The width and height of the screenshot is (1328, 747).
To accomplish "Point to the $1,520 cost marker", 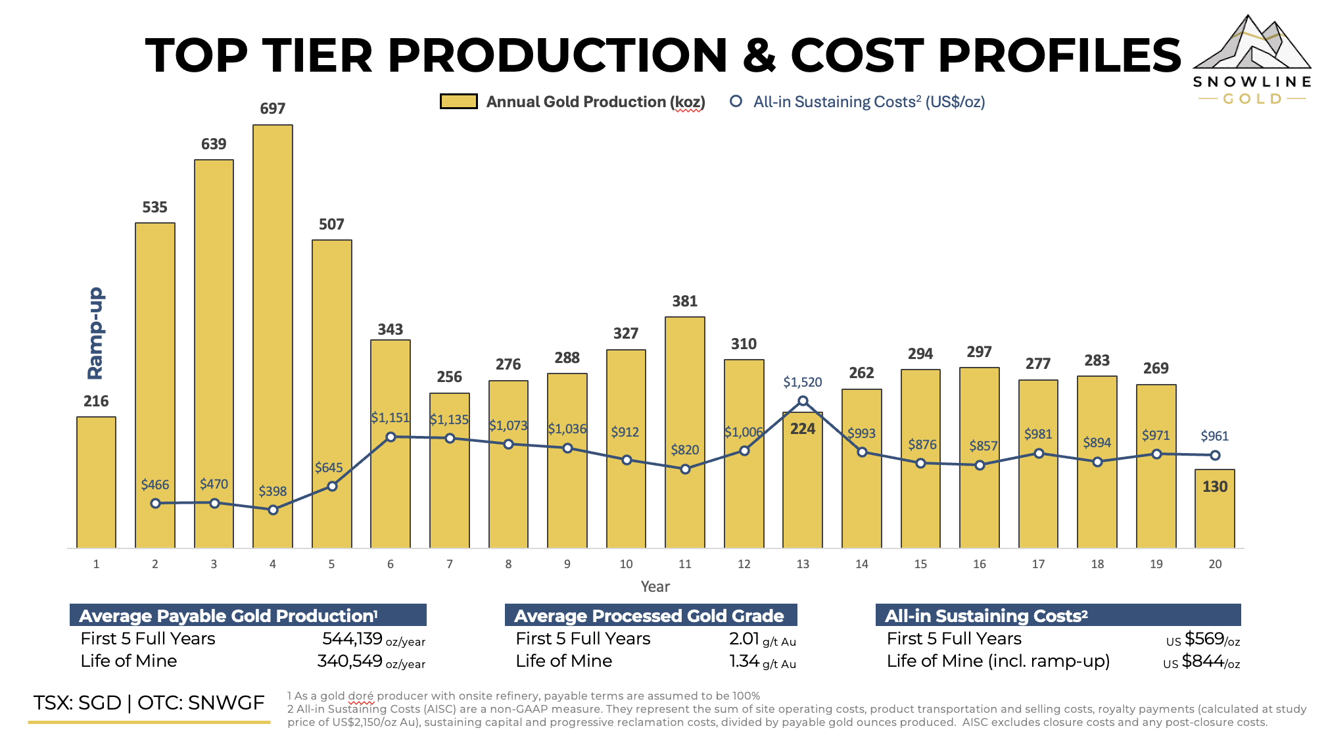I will pos(803,400).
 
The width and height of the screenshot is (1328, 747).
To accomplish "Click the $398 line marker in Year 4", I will pos(273,510).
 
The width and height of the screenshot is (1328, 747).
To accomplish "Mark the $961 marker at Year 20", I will pos(1215,455).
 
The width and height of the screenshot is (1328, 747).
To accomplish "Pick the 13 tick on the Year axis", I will pos(803,564).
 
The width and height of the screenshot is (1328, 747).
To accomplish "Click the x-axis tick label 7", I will pos(450,564).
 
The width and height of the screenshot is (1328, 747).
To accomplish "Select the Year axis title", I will pos(655,587).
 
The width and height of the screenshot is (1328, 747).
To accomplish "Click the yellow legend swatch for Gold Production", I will pos(458,101).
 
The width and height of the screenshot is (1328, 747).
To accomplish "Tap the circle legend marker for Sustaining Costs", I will pos(736,101).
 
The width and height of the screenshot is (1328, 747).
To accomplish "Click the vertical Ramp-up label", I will pos(96,333).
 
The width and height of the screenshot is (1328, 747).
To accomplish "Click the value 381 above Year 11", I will pos(684,301).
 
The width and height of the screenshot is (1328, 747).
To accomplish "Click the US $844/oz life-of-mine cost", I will pos(1201,662).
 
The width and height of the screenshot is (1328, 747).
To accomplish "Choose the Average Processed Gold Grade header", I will pos(650,615).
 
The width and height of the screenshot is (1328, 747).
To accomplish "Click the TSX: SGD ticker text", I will pos(78,703).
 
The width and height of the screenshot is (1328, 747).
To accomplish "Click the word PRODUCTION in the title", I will pos(557,55).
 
